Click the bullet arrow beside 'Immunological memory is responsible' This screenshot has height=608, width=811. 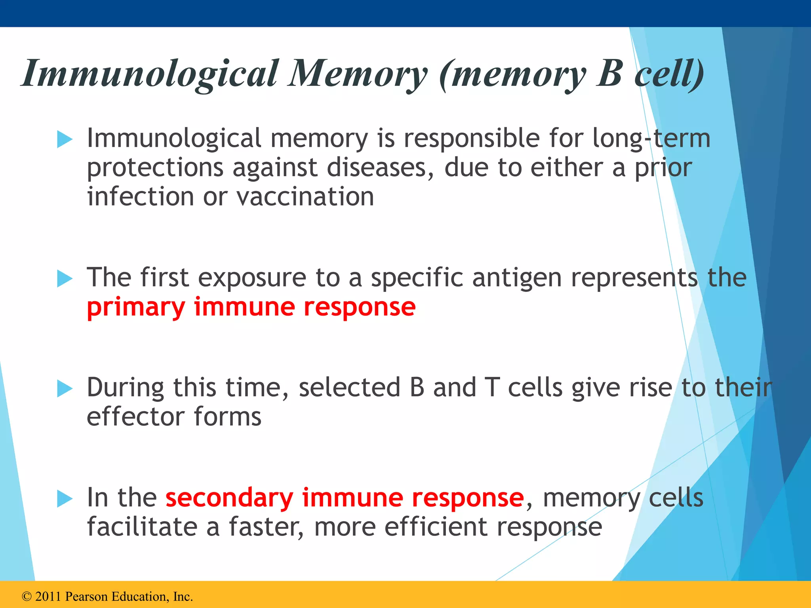click(x=65, y=139)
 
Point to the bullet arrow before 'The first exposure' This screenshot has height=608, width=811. click(x=65, y=279)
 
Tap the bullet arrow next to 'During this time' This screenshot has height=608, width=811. click(x=65, y=388)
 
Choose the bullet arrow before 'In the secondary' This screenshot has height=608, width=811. click(x=65, y=498)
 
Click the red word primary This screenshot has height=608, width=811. click(x=136, y=308)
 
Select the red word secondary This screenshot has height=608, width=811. click(x=229, y=498)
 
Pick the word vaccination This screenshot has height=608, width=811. click(x=305, y=197)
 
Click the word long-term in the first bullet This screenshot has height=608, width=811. click(x=651, y=139)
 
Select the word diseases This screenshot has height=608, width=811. click(x=381, y=168)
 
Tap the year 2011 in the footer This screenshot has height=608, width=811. click(x=48, y=597)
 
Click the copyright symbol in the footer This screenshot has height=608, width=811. click(x=27, y=597)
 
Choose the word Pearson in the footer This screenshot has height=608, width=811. click(x=86, y=597)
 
